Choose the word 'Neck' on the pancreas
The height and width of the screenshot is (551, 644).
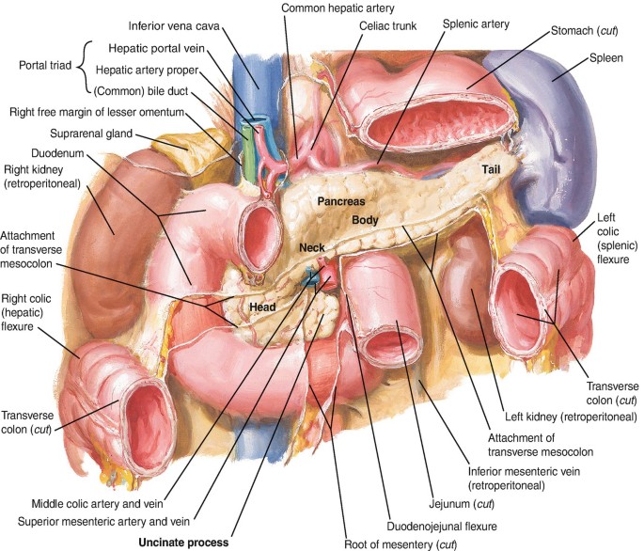[310, 247]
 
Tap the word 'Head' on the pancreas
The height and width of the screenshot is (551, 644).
[263, 306]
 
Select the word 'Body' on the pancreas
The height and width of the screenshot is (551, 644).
[365, 220]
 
